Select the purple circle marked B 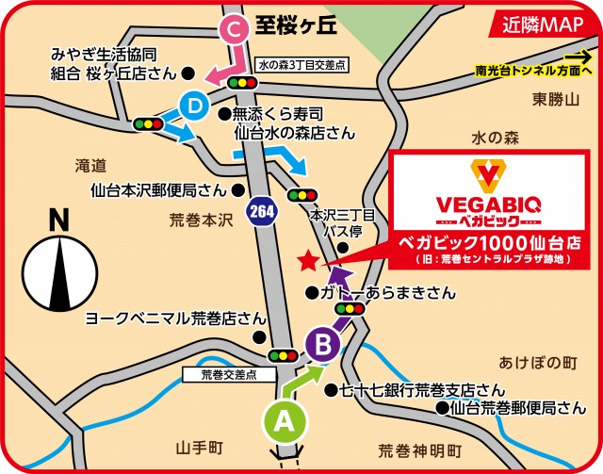322,346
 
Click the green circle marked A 282,421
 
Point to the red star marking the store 305,260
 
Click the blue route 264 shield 261,211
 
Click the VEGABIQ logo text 488,204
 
